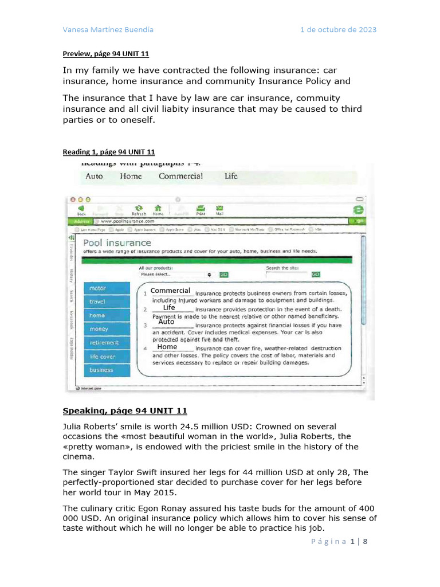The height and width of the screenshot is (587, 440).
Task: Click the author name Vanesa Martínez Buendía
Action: [108, 30]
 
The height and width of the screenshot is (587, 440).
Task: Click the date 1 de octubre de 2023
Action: [338, 30]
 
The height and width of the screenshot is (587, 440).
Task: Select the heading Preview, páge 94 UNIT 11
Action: [105, 54]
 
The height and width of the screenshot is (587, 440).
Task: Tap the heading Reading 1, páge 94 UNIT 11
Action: [108, 152]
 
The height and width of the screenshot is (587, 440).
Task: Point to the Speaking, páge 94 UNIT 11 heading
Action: [124, 411]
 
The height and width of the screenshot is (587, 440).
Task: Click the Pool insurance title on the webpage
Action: [117, 242]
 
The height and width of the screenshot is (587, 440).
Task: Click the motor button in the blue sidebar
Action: [107, 288]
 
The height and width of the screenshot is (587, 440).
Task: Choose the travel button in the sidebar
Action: [107, 302]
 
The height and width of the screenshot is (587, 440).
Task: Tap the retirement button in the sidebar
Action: [107, 343]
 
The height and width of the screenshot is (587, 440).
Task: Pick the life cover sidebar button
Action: [107, 357]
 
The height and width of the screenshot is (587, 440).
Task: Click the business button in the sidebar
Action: [107, 370]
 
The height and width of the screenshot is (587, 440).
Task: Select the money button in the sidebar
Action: [107, 329]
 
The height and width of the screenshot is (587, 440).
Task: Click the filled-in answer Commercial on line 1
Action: [170, 291]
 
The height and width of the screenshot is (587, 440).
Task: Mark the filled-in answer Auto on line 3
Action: [166, 322]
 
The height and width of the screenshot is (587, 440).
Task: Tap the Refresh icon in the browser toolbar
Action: [138, 209]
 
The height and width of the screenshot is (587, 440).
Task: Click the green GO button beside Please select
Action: [223, 275]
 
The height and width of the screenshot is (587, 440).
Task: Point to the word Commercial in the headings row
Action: [180, 177]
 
